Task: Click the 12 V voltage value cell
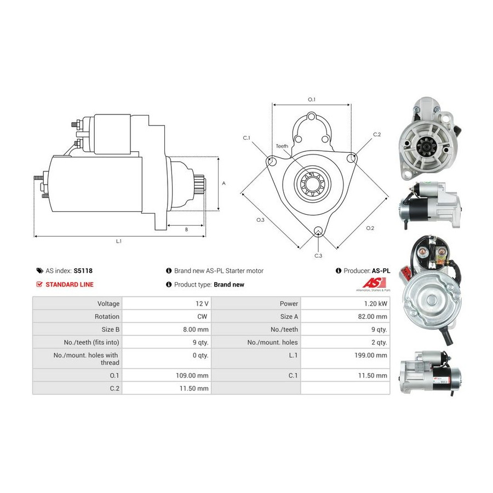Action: point(202,303)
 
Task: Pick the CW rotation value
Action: point(203,316)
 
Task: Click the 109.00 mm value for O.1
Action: point(196,376)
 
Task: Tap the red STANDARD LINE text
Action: point(70,284)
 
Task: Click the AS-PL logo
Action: point(372,283)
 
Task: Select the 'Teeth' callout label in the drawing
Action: point(282,146)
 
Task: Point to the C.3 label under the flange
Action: point(318,256)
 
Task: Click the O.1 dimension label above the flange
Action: point(312,99)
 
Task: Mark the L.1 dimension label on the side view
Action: point(118,241)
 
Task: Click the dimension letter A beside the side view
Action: point(223,184)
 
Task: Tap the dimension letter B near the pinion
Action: point(186,230)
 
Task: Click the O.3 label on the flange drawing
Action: point(261,220)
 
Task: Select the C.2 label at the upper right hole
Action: point(377,134)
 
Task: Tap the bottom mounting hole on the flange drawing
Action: point(318,231)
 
